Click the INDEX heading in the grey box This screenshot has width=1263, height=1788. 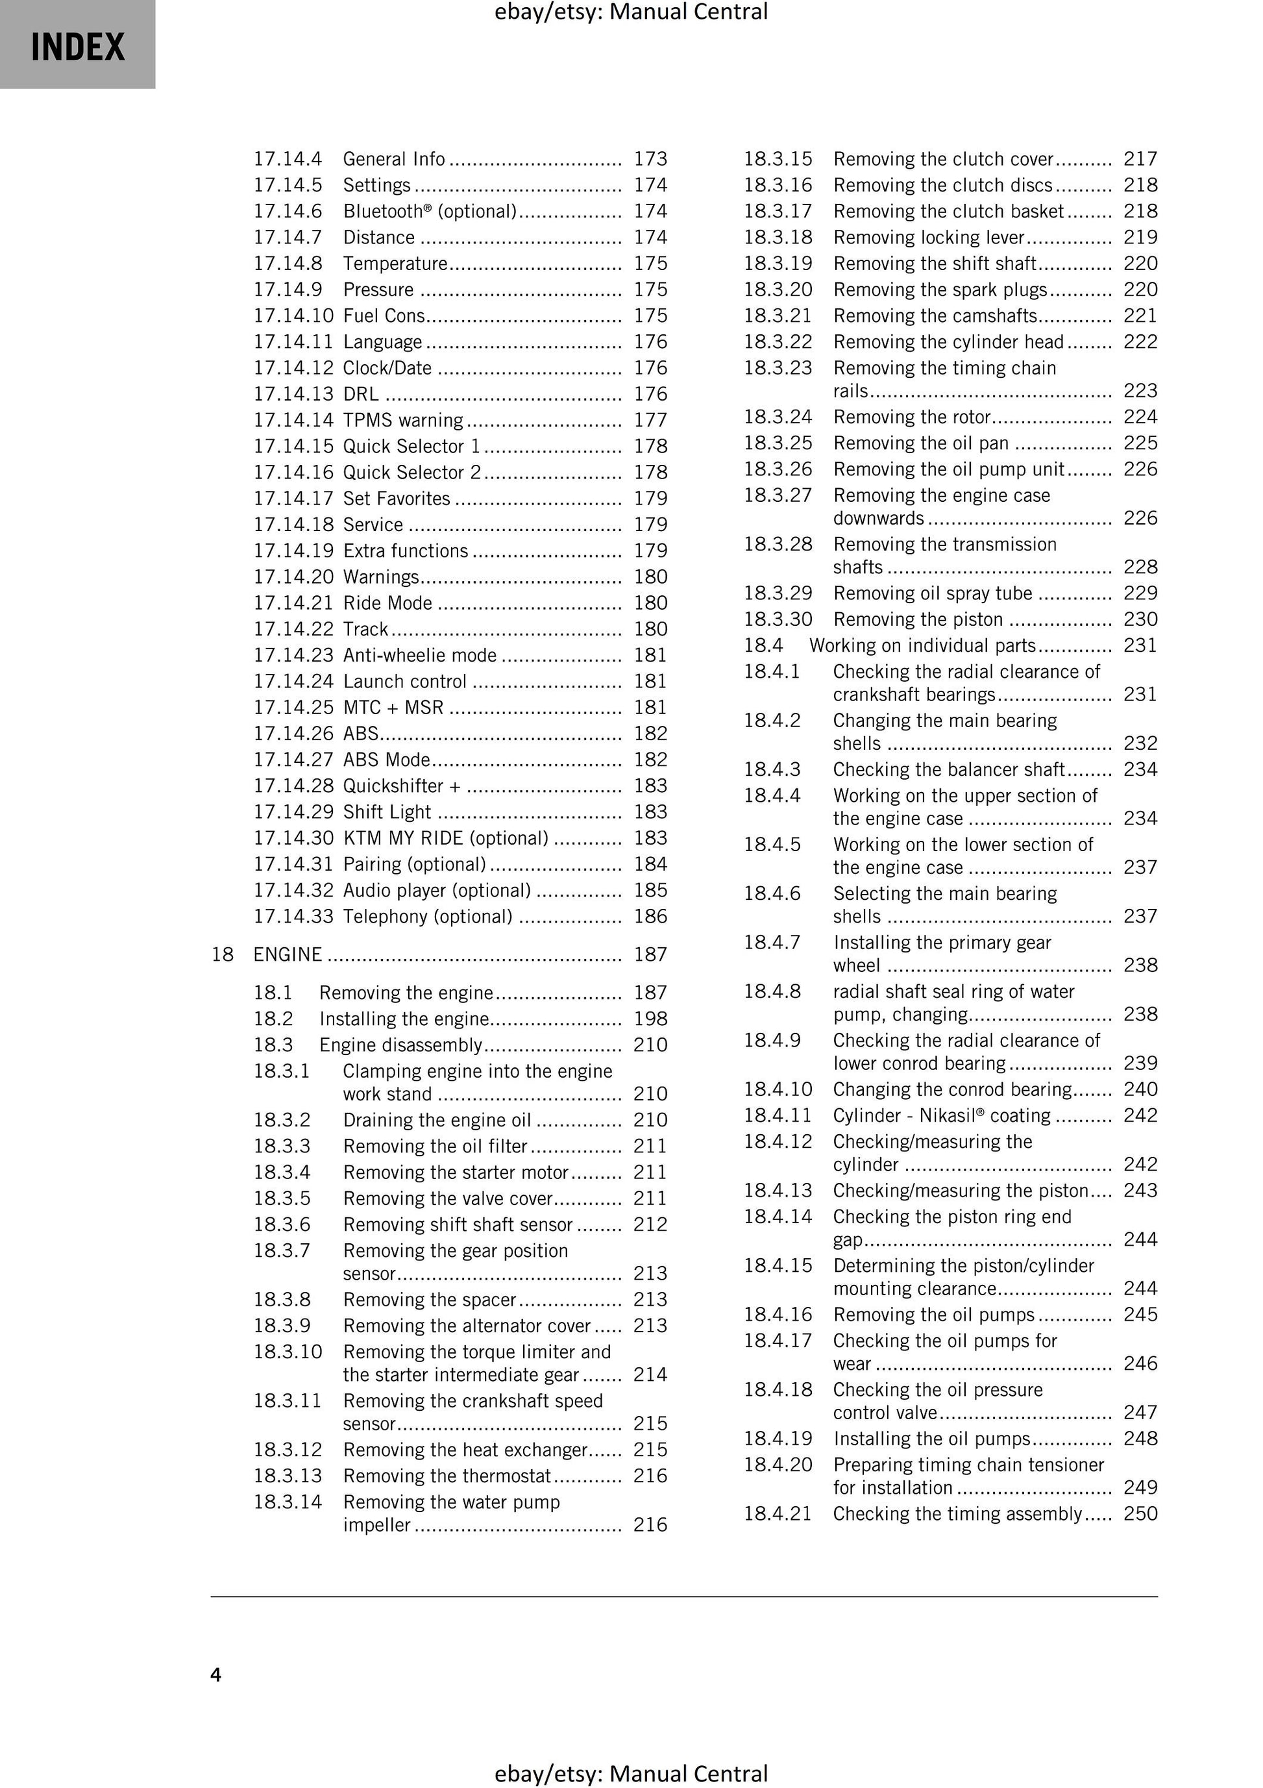(78, 47)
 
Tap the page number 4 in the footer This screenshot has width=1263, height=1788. (215, 1674)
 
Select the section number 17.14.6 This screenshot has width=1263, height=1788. (288, 211)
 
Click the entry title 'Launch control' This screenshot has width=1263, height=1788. (405, 682)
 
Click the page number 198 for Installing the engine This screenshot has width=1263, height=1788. (650, 1019)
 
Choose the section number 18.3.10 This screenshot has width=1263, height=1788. (288, 1351)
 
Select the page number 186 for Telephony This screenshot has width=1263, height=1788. (650, 917)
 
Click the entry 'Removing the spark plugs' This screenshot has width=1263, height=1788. (940, 290)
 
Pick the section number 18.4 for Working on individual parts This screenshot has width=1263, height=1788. (763, 645)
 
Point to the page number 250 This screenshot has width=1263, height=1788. (1140, 1514)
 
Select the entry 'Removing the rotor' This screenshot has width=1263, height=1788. (912, 417)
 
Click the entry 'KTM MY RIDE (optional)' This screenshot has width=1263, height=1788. (445, 838)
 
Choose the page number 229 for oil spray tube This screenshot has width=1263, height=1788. (1140, 593)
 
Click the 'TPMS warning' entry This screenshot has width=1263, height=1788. (402, 421)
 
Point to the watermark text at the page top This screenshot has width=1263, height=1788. (631, 12)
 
